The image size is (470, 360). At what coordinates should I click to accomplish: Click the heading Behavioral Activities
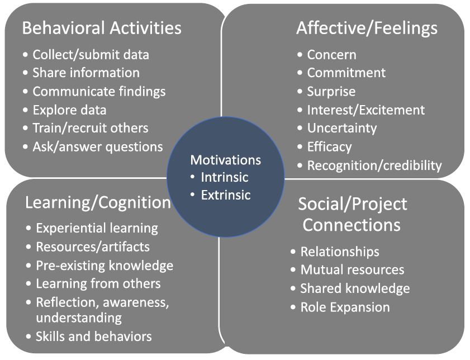pos(102,28)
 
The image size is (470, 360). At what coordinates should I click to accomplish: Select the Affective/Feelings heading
pos(367,29)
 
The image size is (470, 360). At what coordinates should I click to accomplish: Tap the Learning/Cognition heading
pos(98,203)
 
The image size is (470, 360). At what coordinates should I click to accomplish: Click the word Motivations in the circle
pos(226,160)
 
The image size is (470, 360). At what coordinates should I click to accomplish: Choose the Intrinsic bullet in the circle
pos(225,177)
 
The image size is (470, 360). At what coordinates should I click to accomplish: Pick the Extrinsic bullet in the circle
pos(226,195)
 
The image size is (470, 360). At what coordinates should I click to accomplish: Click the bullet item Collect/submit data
pos(91,55)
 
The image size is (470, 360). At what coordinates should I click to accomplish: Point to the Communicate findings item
pos(99,92)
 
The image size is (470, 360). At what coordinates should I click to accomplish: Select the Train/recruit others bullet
pos(91,129)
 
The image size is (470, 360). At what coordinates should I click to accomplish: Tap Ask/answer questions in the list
pos(98,147)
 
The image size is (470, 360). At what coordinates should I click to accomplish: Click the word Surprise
pos(331,92)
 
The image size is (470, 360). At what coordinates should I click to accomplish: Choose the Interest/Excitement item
pos(366,110)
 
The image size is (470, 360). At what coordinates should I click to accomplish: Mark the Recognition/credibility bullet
pos(374,165)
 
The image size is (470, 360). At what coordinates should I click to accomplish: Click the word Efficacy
pos(329,147)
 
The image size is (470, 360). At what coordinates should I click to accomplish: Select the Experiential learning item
pos(97,229)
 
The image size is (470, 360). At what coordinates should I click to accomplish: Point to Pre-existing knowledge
pos(105,266)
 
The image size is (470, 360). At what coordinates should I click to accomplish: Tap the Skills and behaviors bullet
pos(94,337)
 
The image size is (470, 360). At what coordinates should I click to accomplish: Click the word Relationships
pos(340,252)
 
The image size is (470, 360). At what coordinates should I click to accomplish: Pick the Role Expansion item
pos(345,307)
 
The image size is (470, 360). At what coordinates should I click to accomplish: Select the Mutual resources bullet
pos(353,270)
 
